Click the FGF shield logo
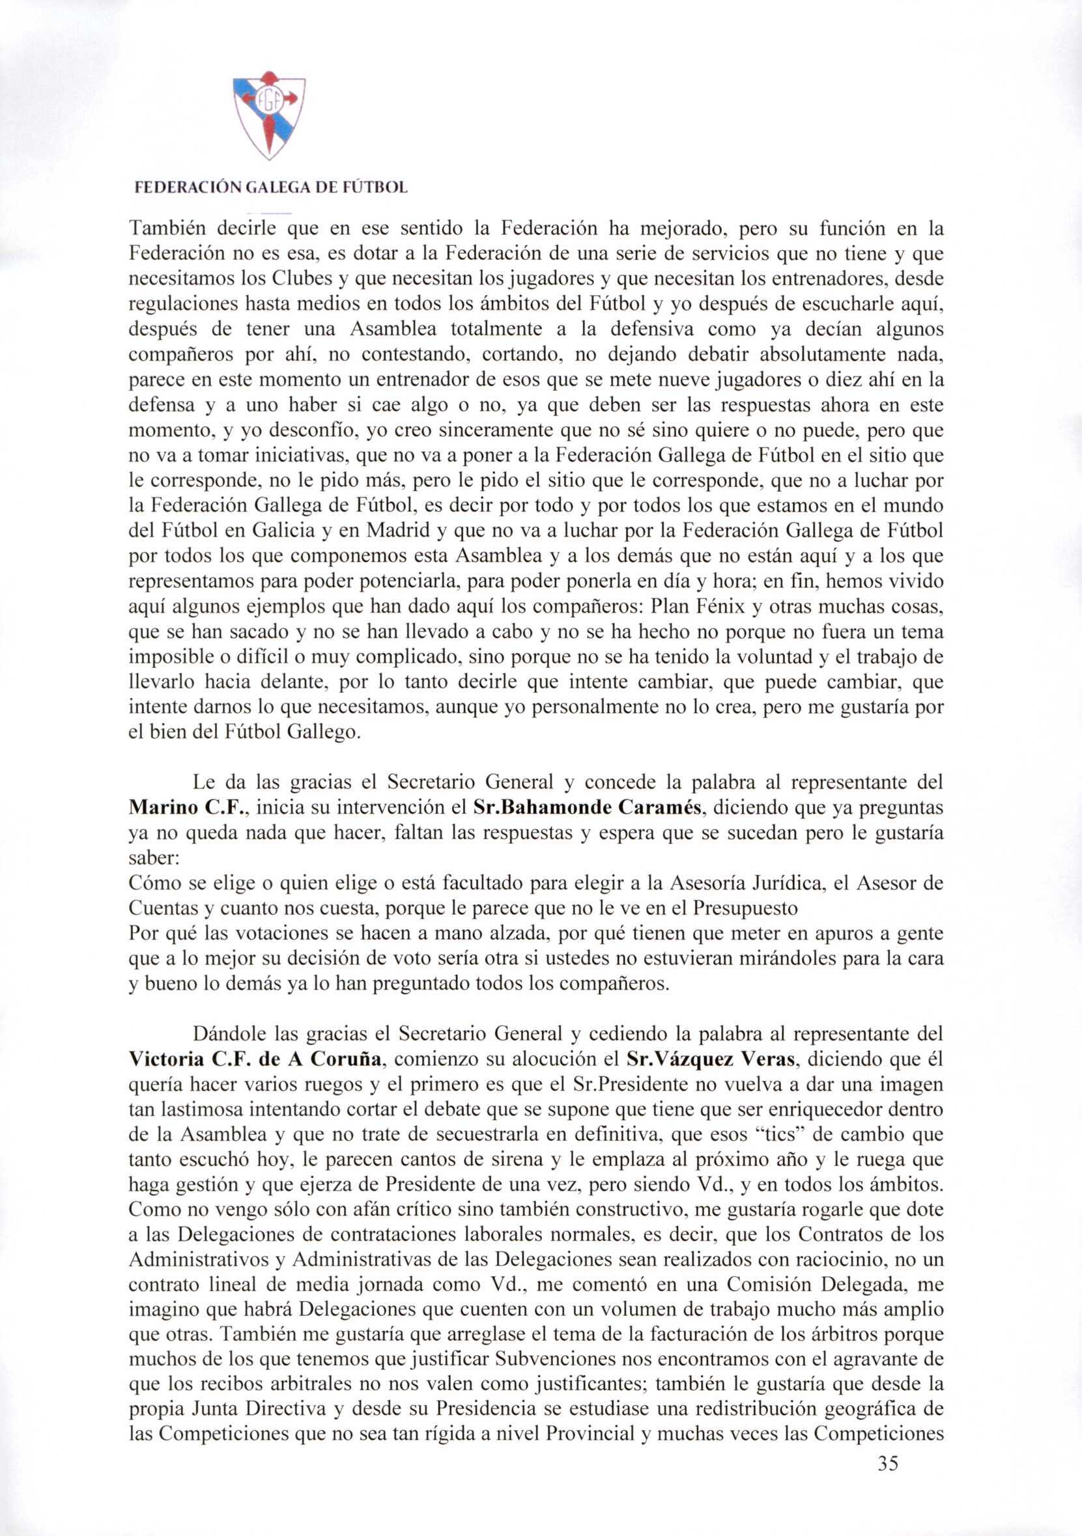[x=269, y=115]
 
